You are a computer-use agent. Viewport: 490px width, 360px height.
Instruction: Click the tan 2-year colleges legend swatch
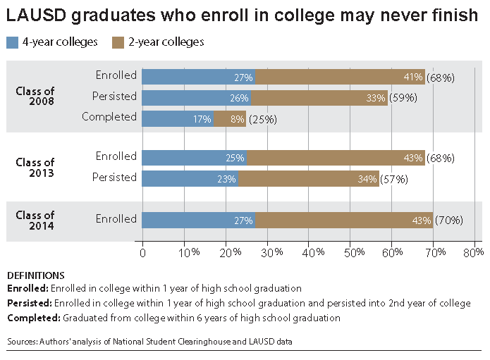[118, 42]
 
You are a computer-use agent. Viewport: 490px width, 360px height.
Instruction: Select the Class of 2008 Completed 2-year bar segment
[230, 118]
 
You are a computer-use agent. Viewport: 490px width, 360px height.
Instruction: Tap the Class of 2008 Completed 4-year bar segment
[178, 118]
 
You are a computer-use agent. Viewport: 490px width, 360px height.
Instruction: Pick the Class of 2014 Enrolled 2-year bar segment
[343, 220]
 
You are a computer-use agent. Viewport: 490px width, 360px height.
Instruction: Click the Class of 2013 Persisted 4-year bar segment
[190, 178]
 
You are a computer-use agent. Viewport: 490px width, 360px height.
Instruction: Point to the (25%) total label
[262, 119]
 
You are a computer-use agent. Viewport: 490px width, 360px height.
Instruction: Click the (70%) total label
[449, 221]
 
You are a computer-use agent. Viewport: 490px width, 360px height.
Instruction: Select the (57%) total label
[394, 179]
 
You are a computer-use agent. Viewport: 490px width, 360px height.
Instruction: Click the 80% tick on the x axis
[474, 252]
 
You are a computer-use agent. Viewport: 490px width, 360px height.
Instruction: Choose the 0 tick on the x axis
[142, 252]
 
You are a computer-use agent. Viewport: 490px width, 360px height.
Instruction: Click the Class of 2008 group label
[35, 97]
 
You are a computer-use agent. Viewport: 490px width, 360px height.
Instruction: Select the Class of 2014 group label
[35, 221]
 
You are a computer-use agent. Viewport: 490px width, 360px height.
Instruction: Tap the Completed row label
[109, 117]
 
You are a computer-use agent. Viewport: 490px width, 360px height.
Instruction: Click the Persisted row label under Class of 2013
[114, 178]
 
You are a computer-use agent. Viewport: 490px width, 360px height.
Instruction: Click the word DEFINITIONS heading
[35, 275]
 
